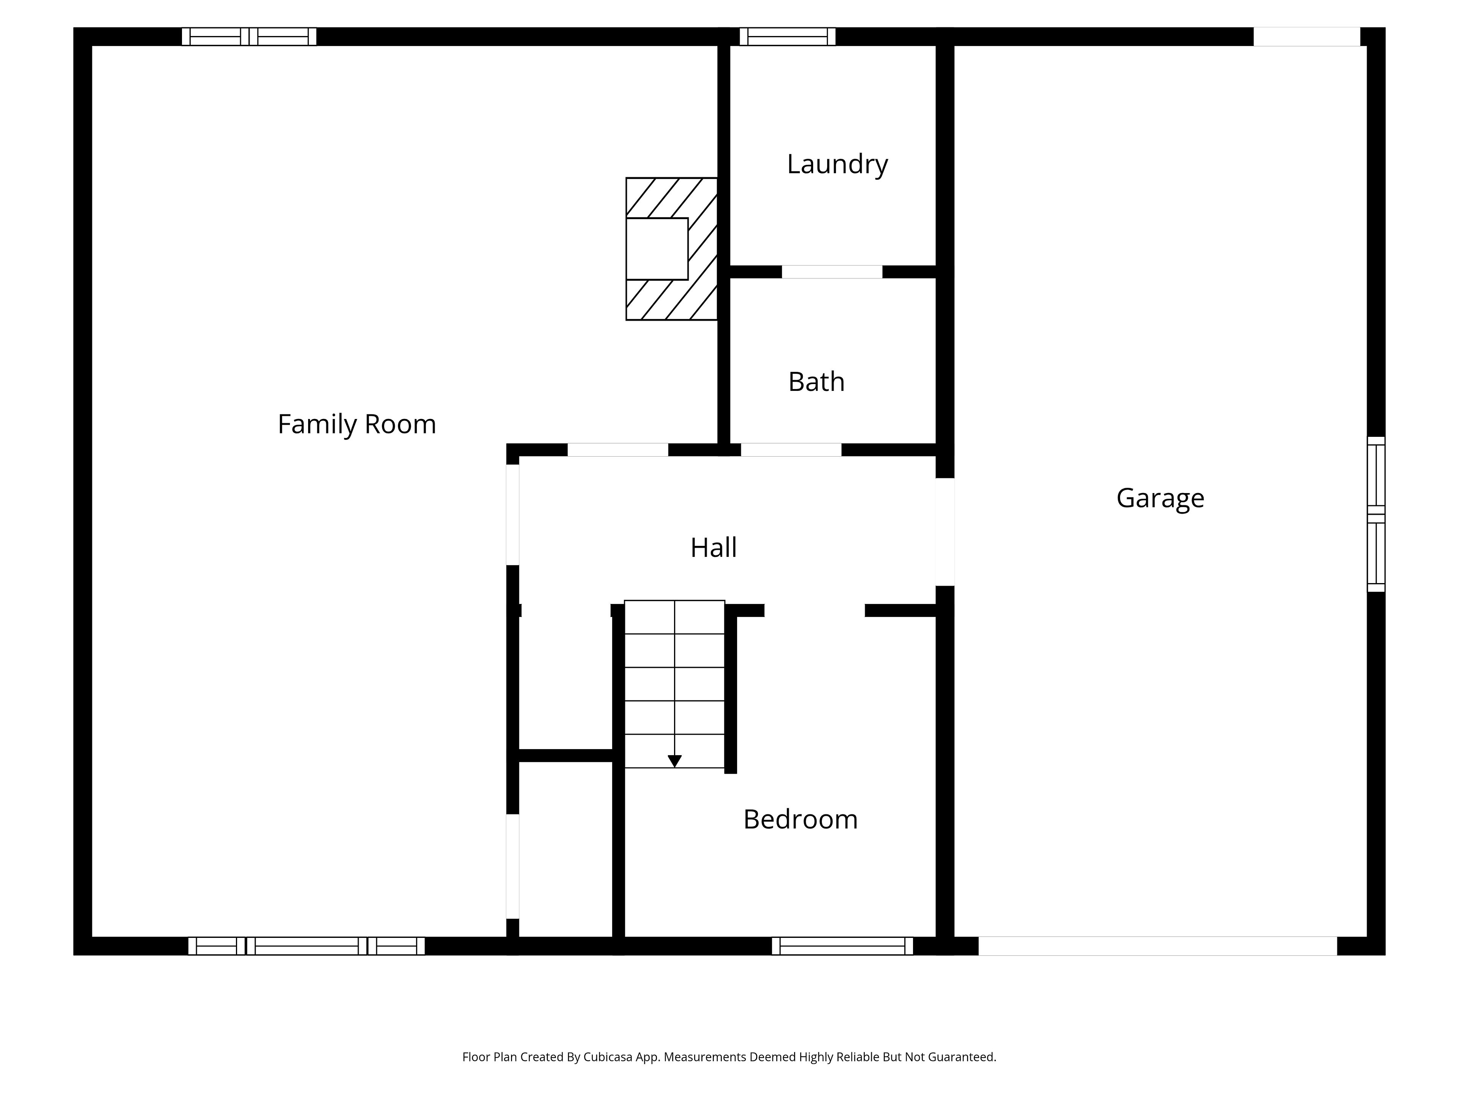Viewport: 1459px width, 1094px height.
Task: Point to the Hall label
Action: (713, 547)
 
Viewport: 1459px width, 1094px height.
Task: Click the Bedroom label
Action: (800, 819)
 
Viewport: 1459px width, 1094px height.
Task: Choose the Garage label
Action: (1160, 498)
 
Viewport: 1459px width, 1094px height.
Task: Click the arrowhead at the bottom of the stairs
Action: (674, 761)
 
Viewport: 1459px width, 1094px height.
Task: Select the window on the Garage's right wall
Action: (1376, 514)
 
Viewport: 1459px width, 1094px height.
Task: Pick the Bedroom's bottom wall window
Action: (842, 945)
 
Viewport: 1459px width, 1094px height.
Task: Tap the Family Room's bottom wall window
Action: (307, 945)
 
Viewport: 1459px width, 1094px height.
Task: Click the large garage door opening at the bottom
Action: (1158, 945)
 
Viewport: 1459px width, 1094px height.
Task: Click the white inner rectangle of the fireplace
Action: (657, 248)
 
